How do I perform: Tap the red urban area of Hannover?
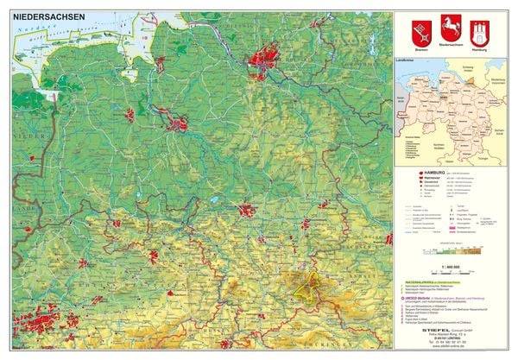pos(248,210)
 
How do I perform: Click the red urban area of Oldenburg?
pos(130,114)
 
